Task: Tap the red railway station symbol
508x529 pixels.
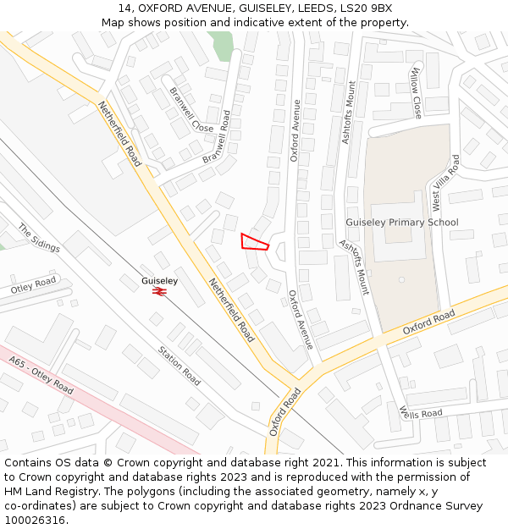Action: click(159, 291)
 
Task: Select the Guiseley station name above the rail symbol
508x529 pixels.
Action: click(159, 280)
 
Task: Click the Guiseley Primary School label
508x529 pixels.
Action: click(401, 223)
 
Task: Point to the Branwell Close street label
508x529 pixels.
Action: click(191, 109)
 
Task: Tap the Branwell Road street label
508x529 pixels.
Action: click(217, 136)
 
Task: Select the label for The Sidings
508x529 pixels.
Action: click(39, 238)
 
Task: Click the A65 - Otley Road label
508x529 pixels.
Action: click(41, 375)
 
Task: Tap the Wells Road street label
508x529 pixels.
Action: click(421, 413)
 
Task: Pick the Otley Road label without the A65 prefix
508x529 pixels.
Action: click(33, 285)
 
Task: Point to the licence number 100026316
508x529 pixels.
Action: click(36, 520)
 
